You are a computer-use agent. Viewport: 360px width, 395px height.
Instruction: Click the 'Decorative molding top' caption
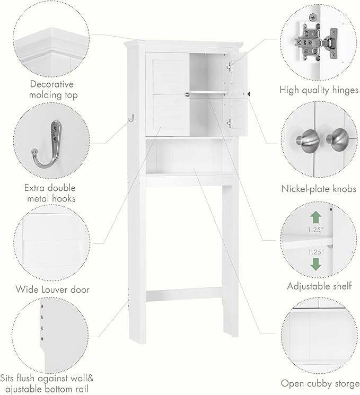51,89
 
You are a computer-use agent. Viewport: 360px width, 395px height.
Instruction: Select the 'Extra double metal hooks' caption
50,193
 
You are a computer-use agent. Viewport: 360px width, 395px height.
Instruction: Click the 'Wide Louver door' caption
52,289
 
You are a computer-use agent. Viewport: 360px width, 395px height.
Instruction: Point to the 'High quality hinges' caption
319,90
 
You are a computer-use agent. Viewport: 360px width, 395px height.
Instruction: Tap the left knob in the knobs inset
306,141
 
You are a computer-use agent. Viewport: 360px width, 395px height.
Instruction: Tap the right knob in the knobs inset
335,141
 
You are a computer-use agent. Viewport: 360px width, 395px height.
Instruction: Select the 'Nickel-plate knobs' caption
319,189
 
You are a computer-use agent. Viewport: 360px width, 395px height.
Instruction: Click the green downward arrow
315,264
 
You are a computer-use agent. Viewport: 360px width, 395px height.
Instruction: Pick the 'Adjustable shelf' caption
319,286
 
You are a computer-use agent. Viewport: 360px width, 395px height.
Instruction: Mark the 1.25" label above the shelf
315,230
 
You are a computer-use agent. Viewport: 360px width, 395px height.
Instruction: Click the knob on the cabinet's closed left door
187,94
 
